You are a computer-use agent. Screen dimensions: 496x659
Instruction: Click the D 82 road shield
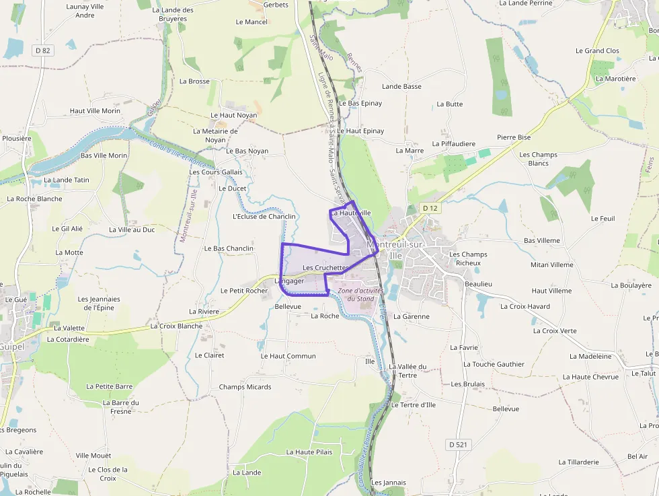click(42, 50)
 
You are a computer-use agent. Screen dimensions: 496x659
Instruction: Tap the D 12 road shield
click(430, 209)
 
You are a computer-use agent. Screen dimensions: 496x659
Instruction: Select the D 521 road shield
click(459, 445)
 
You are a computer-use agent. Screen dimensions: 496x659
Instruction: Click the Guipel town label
click(11, 346)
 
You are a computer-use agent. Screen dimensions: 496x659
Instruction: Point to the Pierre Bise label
click(514, 137)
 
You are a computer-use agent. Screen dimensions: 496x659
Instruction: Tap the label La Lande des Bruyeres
click(173, 14)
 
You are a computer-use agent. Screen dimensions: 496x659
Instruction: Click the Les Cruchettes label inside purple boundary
click(325, 268)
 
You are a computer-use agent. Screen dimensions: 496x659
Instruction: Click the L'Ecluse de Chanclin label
click(264, 217)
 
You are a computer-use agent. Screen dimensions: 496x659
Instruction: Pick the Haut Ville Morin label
click(95, 111)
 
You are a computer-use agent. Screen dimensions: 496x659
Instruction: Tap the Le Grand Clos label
click(597, 51)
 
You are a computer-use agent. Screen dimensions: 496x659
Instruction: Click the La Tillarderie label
click(578, 462)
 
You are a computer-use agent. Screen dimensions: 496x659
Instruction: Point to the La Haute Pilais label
click(309, 452)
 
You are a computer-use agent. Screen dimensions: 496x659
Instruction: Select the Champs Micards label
click(245, 387)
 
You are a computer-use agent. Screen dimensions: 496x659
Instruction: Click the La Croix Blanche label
click(176, 326)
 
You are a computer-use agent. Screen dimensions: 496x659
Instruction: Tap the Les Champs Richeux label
click(468, 258)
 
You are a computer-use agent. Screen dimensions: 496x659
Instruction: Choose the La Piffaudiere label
click(453, 144)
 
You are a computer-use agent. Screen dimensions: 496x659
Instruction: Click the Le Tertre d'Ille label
click(413, 405)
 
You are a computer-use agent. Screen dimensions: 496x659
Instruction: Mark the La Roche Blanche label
click(34, 199)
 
